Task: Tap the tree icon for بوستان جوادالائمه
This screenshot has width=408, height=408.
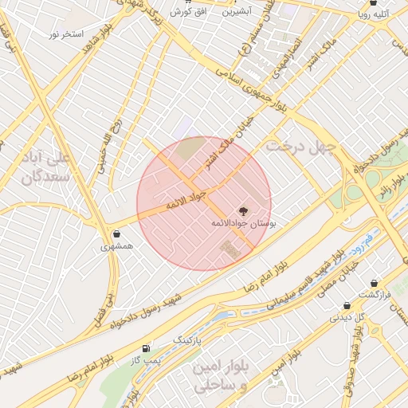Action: pyautogui.click(x=243, y=211)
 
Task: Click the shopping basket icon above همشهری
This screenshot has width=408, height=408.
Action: pyautogui.click(x=118, y=234)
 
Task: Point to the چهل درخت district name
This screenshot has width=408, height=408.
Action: pyautogui.click(x=303, y=147)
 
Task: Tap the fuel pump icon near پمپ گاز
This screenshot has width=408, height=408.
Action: pyautogui.click(x=145, y=348)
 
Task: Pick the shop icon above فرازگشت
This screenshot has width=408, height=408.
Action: pyautogui.click(x=374, y=283)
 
